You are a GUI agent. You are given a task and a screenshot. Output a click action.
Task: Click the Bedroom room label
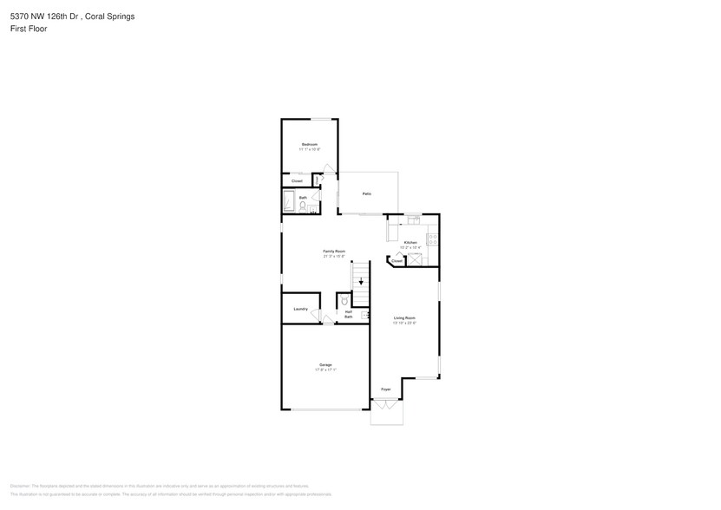click(x=309, y=144)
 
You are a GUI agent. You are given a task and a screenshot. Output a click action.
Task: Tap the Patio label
click(x=367, y=194)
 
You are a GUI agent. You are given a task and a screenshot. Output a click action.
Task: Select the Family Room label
click(x=334, y=251)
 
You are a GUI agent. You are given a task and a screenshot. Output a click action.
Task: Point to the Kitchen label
click(x=410, y=242)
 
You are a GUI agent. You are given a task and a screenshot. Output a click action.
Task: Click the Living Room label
click(x=404, y=318)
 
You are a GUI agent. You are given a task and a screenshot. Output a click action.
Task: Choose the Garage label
click(x=325, y=364)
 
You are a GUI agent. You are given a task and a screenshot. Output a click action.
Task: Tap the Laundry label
click(x=301, y=309)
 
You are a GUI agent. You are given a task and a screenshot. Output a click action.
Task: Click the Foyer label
click(x=386, y=389)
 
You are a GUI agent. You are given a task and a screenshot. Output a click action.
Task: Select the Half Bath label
click(x=348, y=314)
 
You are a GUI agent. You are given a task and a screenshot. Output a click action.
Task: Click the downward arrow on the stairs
click(x=361, y=280)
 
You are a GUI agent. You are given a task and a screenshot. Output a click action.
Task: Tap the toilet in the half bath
click(x=345, y=301)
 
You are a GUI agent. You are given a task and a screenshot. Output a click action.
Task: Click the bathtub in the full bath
click(x=289, y=201)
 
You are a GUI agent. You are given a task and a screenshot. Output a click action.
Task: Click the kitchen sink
click(x=415, y=220)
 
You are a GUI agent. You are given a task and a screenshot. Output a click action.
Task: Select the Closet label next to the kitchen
click(x=397, y=260)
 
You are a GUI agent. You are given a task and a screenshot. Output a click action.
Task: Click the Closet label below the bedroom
click(x=297, y=180)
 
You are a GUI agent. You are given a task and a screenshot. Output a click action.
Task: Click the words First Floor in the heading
click(x=29, y=29)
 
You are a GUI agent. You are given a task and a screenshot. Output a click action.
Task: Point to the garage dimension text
click(x=325, y=370)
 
